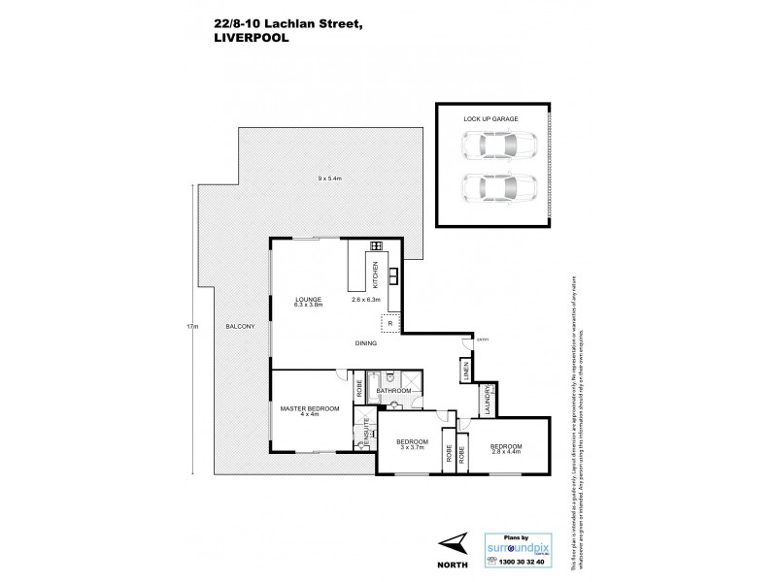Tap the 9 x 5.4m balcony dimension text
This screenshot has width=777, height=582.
click(330, 178)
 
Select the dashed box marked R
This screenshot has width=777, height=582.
click(390, 324)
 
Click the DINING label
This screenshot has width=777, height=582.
click(365, 343)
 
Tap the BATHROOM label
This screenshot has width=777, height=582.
click(394, 392)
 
